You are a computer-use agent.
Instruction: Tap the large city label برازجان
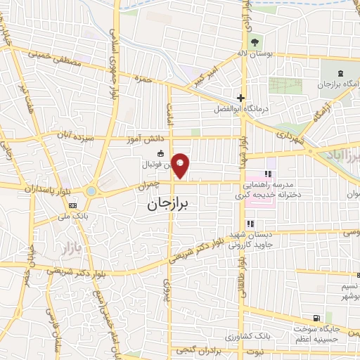173,205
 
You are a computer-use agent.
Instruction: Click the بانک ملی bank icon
72,205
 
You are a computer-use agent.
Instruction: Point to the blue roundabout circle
91,191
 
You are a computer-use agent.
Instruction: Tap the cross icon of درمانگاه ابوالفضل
241,98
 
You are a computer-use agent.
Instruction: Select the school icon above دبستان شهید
250,224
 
